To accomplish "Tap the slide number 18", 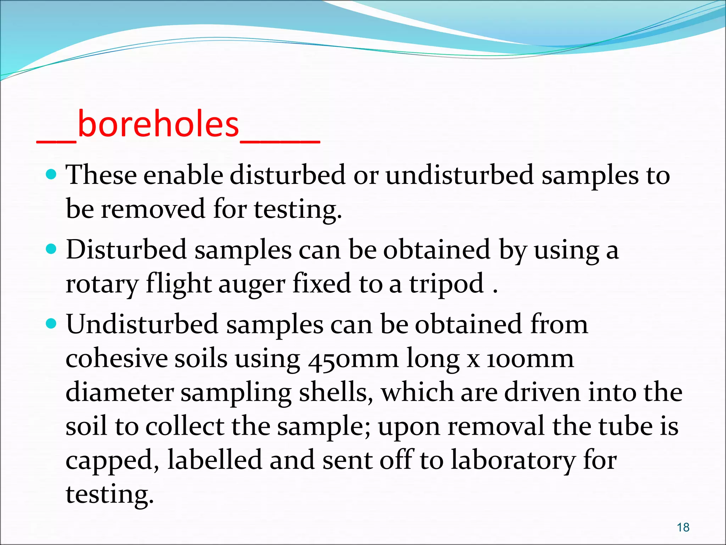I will pos(683,527).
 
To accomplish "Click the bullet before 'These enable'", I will pos(51,175).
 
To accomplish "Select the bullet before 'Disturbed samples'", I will pos(51,249).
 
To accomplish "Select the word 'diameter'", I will pos(120,392).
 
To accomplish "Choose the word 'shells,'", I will pos(336,392).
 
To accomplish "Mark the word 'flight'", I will pos(179,284).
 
